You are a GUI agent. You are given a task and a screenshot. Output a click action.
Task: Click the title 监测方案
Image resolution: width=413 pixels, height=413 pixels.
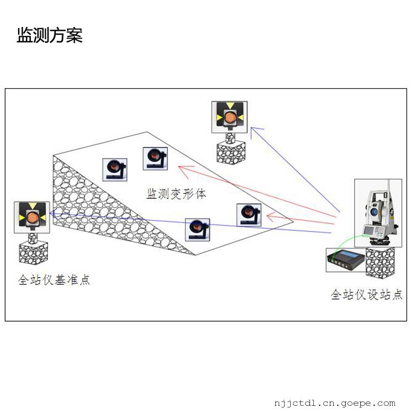[50, 36]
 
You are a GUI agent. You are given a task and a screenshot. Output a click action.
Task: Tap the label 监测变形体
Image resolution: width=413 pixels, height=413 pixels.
[176, 194]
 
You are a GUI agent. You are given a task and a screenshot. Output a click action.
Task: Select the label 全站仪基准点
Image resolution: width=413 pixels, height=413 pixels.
[54, 280]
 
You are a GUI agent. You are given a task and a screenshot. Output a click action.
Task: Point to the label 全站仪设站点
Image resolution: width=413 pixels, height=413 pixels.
[366, 295]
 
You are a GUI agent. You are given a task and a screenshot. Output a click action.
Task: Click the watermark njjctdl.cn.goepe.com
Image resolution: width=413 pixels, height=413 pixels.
[334, 403]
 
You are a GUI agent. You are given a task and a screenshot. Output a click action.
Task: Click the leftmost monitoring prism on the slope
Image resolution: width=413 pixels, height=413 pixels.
[115, 170]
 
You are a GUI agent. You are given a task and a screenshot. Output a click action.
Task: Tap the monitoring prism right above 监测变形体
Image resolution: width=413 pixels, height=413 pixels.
[155, 159]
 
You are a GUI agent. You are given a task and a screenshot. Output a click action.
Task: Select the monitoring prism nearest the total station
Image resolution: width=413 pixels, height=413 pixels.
[248, 215]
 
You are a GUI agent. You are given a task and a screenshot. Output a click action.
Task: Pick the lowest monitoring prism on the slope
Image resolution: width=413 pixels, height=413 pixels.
[197, 230]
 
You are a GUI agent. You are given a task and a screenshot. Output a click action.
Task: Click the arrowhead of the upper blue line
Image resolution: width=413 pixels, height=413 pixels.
[254, 129]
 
